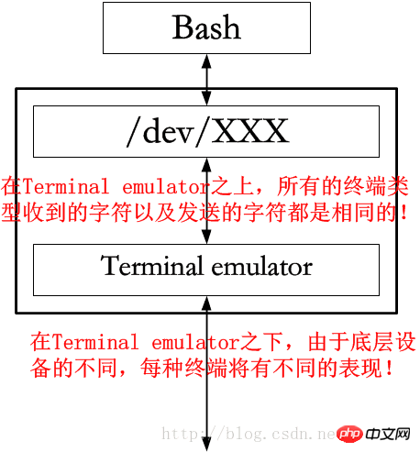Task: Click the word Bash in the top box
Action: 206,28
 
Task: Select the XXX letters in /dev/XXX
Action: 251,132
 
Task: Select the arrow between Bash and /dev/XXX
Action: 207,79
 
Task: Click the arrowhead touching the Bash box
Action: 207,59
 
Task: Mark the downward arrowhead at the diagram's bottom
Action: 207,442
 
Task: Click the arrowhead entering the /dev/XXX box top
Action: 207,99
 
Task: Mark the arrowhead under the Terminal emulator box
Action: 207,303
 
